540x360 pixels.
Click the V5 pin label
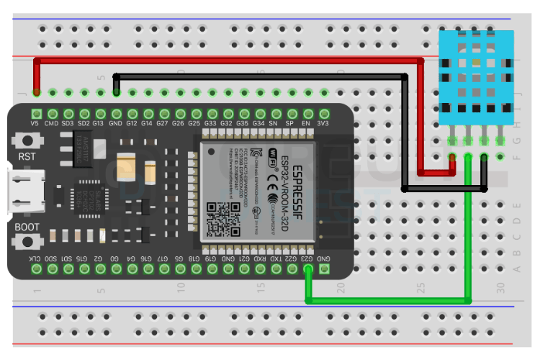pyautogui.click(x=35, y=124)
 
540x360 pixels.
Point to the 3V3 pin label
pyautogui.click(x=324, y=124)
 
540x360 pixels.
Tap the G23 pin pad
pyautogui.click(x=307, y=269)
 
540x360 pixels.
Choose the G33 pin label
pyautogui.click(x=211, y=124)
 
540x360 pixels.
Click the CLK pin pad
pyautogui.click(x=35, y=269)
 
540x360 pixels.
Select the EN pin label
pyautogui.click(x=307, y=124)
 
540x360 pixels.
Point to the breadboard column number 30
pyautogui.click(x=500, y=287)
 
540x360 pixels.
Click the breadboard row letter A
pyautogui.click(x=516, y=269)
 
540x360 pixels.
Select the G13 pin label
pyautogui.click(x=99, y=124)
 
